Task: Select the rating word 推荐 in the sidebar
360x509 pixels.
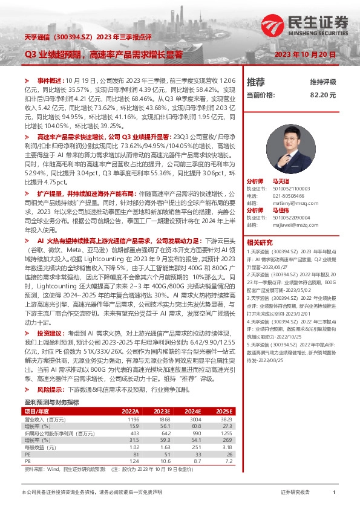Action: [256, 82]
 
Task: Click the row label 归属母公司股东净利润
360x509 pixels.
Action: [59, 433]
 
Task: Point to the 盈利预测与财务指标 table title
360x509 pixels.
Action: [51, 402]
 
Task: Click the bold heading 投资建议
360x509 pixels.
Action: [50, 332]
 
